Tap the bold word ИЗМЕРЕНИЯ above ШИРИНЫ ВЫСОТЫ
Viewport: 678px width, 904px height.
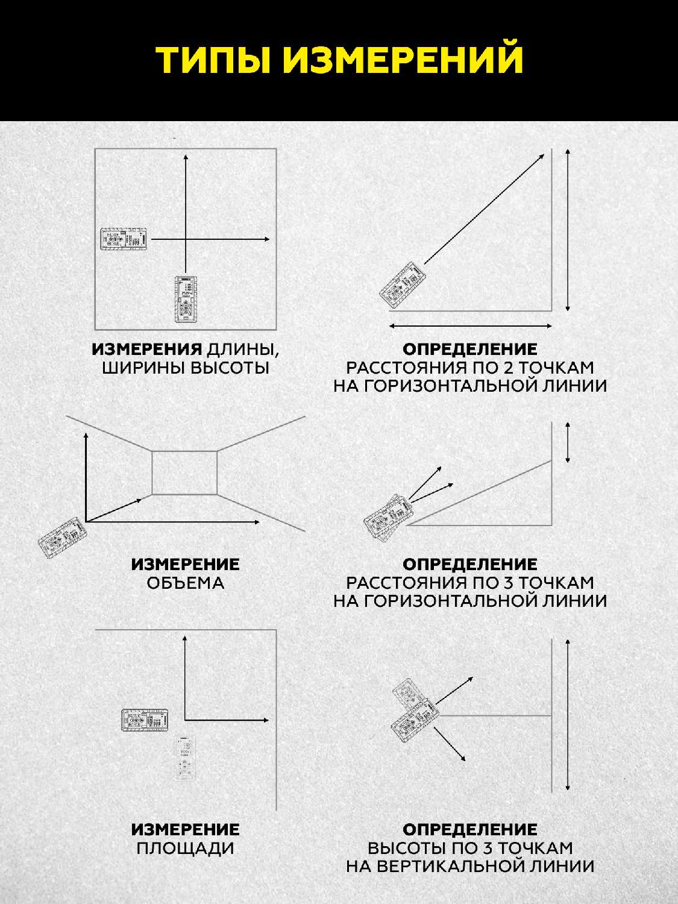146,349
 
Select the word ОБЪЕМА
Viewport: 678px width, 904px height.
185,583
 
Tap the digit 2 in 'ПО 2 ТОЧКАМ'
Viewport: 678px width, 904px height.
503,368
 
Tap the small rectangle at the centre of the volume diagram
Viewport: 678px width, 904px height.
184,473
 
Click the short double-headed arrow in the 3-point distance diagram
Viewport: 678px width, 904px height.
568,442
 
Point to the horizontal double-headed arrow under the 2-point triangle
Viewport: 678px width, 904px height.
471,326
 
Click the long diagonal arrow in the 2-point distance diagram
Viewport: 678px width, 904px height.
484,209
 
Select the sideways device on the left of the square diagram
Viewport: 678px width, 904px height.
124,239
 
